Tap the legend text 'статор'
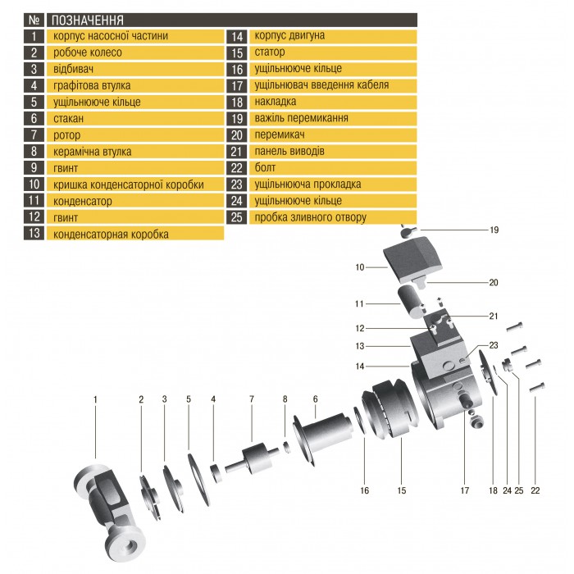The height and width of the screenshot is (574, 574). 270,52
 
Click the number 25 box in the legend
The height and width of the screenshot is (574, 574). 236,217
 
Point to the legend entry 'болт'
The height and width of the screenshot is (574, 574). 266,168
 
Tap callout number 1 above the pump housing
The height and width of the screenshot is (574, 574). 95,399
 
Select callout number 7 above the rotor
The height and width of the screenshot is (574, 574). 252,399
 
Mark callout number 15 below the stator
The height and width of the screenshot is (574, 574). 402,490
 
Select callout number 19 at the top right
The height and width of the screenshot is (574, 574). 494,230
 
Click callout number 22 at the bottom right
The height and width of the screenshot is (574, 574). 535,490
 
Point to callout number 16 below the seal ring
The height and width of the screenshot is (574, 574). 364,490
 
